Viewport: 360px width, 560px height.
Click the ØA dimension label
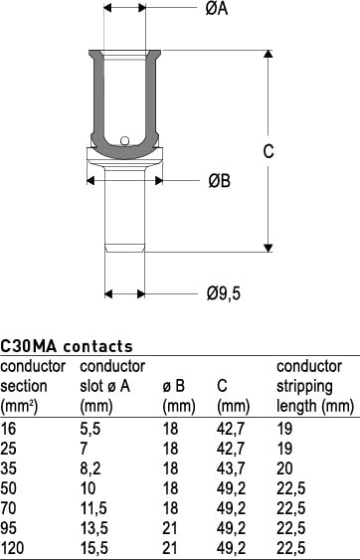point(217,8)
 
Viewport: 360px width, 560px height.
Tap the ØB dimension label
point(220,181)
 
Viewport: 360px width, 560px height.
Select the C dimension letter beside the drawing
point(269,151)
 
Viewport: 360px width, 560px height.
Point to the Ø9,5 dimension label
point(224,293)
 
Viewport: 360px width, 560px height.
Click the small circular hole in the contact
point(124,140)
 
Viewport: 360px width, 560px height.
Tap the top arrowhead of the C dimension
point(269,54)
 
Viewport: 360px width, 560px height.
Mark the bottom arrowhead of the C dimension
point(269,249)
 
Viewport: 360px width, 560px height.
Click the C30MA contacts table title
point(67,346)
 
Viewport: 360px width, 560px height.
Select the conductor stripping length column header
point(315,386)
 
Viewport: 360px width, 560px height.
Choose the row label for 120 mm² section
point(12,548)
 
